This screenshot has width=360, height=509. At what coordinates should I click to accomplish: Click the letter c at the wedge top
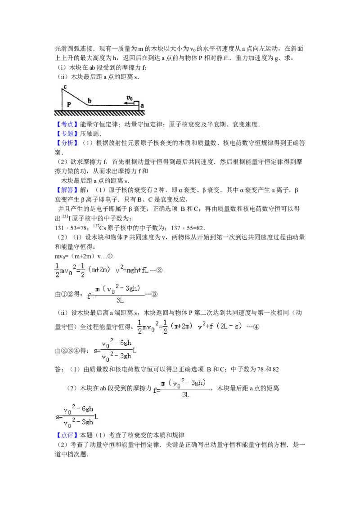tap(65, 86)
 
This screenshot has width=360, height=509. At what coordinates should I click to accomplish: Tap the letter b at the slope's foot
tap(90, 101)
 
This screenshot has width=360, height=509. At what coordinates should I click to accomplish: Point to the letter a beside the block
tap(142, 106)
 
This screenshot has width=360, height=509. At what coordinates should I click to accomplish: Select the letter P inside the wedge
tap(69, 104)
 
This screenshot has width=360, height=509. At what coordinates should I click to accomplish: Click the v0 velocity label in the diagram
tap(130, 98)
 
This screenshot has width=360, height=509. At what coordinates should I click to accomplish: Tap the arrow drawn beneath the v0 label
tap(129, 103)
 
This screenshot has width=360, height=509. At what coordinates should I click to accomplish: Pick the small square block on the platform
tap(136, 103)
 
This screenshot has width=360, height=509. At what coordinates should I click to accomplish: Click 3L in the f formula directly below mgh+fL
tap(120, 300)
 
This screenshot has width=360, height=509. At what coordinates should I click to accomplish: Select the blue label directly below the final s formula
tap(67, 435)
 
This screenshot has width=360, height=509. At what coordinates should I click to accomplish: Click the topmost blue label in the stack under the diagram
tap(67, 124)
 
